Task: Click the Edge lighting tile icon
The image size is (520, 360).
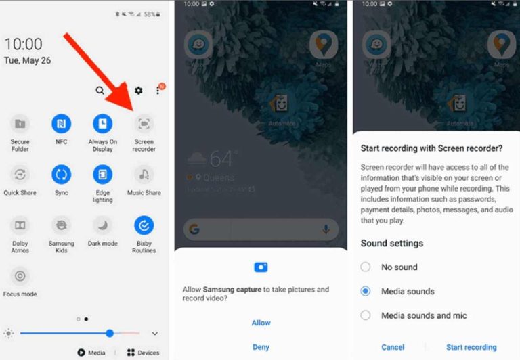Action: click(103, 174)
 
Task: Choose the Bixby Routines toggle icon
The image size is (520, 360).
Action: click(144, 224)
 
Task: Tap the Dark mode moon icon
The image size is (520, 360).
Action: click(103, 224)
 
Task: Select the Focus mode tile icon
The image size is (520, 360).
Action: click(20, 275)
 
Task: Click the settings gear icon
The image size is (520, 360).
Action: click(139, 91)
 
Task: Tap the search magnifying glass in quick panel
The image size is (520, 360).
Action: click(100, 91)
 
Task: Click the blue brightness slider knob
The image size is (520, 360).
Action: click(110, 333)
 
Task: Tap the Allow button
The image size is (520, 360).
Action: click(261, 323)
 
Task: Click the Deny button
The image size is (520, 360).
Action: click(261, 347)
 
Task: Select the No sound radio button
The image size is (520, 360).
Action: click(366, 267)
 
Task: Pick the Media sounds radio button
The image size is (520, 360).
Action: click(366, 291)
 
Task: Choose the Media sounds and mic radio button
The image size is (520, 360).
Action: click(366, 315)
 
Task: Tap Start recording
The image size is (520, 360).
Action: click(471, 347)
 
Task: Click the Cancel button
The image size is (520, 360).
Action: click(393, 347)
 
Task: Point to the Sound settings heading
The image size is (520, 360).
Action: click(391, 243)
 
